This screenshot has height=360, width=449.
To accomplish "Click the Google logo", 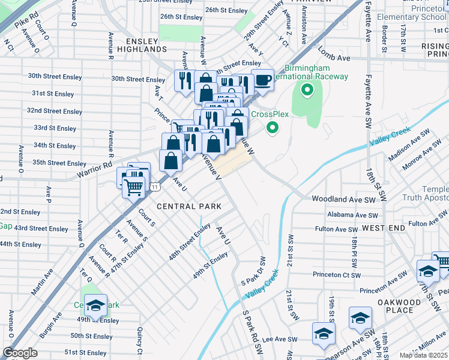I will (20, 353).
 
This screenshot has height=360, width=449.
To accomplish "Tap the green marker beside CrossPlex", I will (273, 127).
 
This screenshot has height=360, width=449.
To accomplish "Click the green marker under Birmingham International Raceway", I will (307, 91).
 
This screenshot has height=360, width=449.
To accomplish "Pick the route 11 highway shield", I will (155, 187).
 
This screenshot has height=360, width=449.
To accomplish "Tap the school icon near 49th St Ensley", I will (95, 305).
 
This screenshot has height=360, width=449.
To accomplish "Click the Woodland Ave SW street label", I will (344, 199).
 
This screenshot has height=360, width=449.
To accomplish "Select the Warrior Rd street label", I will (95, 170).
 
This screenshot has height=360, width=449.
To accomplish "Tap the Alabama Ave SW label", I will (352, 215).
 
